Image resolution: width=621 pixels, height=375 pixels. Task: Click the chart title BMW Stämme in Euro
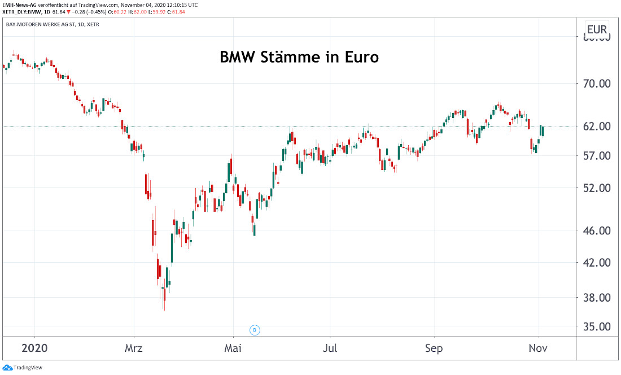click(299, 57)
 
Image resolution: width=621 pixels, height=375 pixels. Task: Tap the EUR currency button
click(597, 30)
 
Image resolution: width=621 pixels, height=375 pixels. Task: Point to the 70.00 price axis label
click(597, 84)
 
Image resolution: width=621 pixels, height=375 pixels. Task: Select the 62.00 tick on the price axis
click(597, 126)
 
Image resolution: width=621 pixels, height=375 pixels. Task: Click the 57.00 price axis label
click(597, 155)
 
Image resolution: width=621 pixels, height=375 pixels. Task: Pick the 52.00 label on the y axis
click(597, 187)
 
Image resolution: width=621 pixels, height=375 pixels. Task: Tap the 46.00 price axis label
click(597, 230)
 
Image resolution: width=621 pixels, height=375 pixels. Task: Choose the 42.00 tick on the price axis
click(597, 263)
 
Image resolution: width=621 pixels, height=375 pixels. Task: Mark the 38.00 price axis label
click(597, 298)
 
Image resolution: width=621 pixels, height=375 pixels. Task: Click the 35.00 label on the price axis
click(597, 326)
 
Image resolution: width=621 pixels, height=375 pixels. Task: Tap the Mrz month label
click(134, 348)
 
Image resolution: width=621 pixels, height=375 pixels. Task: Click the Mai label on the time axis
click(233, 348)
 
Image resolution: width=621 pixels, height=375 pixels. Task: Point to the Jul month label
click(330, 348)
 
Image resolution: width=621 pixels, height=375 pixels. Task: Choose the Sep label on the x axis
click(434, 348)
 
